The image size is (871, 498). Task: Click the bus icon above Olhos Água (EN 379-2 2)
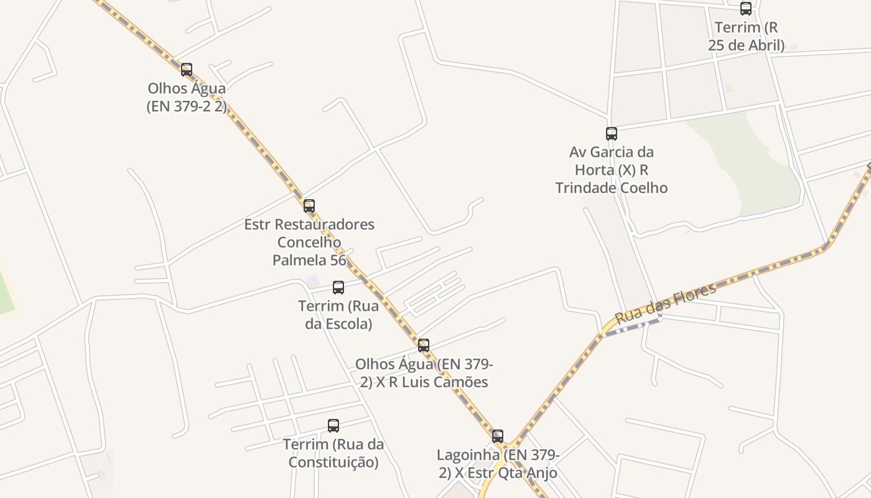tap(187, 70)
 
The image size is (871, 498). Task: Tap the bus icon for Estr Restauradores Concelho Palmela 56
tap(309, 205)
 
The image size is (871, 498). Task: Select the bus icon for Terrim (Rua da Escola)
tap(338, 288)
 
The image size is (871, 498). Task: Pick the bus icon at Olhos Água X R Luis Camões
tap(424, 345)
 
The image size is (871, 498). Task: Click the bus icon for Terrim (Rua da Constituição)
tap(333, 426)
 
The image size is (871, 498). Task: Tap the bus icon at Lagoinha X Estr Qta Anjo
tap(498, 436)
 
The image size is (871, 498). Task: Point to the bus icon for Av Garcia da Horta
tap(612, 133)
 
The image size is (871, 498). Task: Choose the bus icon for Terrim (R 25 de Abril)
tap(746, 9)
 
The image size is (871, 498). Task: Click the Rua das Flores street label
tap(665, 303)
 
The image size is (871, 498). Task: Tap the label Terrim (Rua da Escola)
tap(338, 315)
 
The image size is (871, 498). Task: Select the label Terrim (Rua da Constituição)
tap(333, 453)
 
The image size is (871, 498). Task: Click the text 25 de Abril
tap(747, 45)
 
